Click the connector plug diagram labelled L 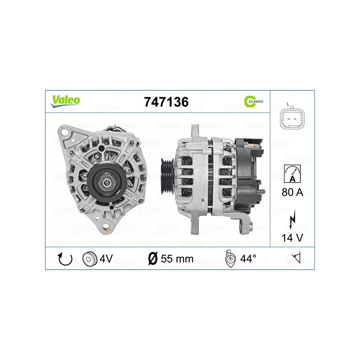[292, 118]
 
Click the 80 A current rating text [292, 193]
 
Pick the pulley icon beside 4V [90, 259]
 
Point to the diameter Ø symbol [153, 259]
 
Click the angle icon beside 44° [229, 259]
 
